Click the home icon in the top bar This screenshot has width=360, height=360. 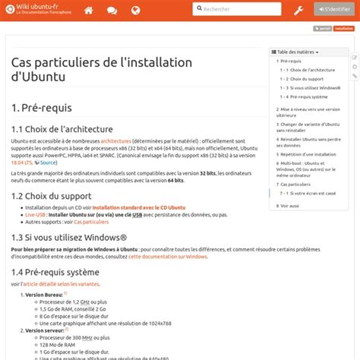click(89, 10)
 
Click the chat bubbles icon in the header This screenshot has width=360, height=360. click(112, 10)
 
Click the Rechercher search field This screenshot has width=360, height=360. click(235, 9)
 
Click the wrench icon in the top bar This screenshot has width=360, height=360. click(298, 10)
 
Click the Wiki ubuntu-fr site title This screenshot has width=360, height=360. click(37, 6)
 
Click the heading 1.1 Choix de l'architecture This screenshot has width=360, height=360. click(62, 129)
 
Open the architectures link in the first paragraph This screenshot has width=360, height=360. click(115, 141)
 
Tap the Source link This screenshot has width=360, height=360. click(48, 163)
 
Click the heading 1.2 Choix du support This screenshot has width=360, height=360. click(52, 196)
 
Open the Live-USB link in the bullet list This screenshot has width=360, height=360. click(35, 215)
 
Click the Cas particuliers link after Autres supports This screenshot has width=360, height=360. click(91, 222)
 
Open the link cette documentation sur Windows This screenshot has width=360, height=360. click(168, 257)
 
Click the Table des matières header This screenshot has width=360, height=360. click(297, 52)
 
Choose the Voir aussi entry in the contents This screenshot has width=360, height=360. click(289, 205)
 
